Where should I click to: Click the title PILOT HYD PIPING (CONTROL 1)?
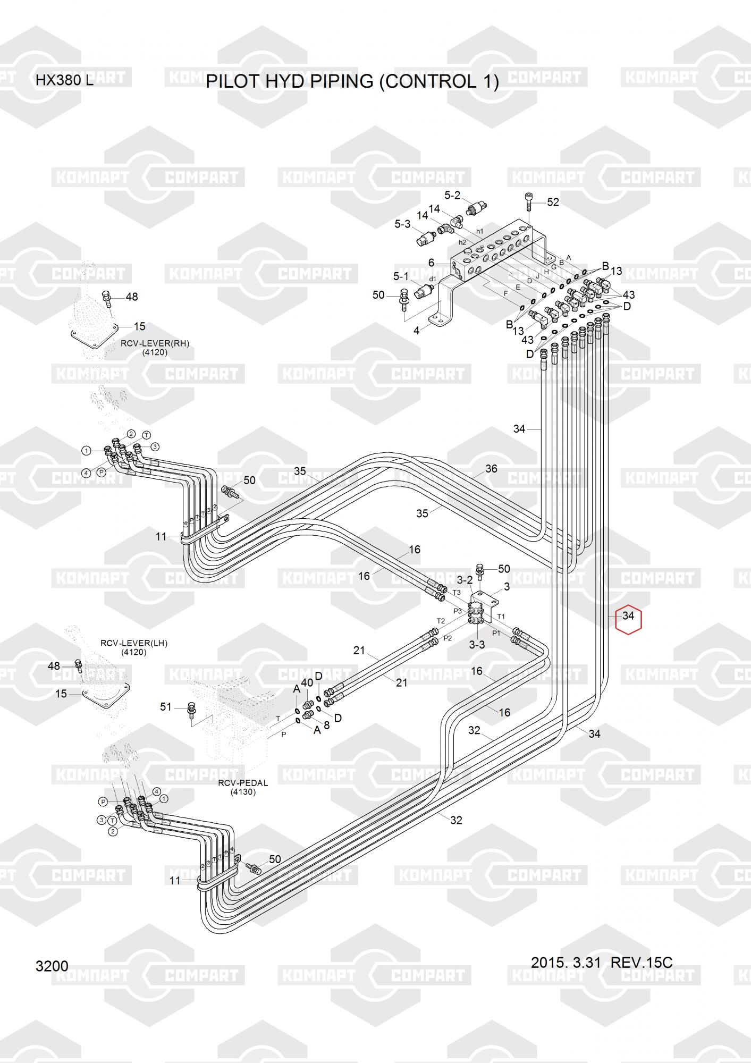[x=352, y=82]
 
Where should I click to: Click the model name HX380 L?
[x=64, y=81]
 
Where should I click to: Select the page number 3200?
[x=52, y=966]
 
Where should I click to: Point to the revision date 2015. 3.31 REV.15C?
[x=601, y=963]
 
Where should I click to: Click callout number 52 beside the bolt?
[x=553, y=203]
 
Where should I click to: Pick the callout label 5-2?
[x=452, y=196]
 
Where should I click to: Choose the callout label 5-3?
[x=402, y=224]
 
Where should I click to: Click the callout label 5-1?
[x=401, y=276]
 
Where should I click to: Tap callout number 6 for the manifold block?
[x=432, y=263]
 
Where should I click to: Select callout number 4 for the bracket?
[x=417, y=331]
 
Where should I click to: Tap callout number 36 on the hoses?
[x=491, y=469]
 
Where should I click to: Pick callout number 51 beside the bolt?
[x=166, y=706]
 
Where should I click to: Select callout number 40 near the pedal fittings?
[x=307, y=683]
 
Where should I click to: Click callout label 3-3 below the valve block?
[x=477, y=645]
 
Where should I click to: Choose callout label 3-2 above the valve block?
[x=465, y=580]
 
